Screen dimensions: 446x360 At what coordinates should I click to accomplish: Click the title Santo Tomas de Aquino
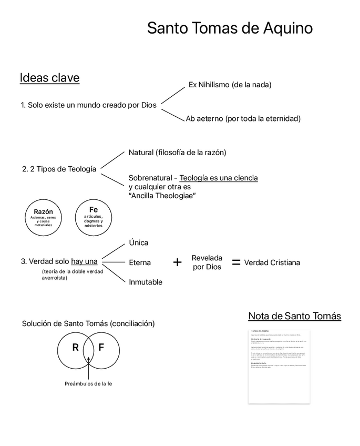click(230, 28)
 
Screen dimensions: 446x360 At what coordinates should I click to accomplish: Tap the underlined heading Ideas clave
click(49, 78)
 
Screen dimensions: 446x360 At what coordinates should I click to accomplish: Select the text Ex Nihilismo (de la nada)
click(230, 84)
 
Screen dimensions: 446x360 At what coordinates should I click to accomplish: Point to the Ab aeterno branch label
click(243, 118)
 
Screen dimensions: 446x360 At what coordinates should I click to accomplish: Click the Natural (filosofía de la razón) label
click(177, 153)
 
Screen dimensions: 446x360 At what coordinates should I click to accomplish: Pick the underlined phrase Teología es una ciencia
click(219, 178)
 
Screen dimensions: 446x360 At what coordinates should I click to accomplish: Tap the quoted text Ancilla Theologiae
click(162, 196)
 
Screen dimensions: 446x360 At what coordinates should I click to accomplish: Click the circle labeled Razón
click(44, 217)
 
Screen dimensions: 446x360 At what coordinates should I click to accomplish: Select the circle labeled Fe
click(94, 217)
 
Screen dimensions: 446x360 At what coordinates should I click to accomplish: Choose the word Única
click(139, 242)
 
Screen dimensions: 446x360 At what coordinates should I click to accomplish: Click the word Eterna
click(140, 262)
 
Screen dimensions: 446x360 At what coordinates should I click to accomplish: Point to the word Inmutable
click(146, 282)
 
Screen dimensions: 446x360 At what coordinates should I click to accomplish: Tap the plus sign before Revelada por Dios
click(177, 262)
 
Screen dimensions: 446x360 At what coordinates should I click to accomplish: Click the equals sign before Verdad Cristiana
click(236, 262)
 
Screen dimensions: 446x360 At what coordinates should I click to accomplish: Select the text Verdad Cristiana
click(272, 262)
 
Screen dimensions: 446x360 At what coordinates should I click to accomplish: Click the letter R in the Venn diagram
click(75, 348)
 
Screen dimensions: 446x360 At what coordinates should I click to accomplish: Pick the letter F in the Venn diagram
click(101, 348)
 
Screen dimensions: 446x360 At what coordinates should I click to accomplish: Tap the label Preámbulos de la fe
click(88, 383)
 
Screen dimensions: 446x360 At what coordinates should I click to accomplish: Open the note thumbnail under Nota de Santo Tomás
click(279, 366)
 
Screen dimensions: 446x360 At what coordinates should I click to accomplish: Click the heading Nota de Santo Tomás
click(294, 316)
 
